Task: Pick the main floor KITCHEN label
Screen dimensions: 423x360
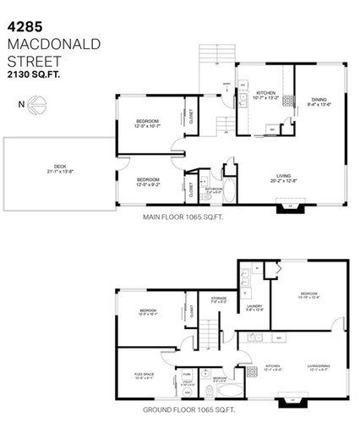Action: coord(264,94)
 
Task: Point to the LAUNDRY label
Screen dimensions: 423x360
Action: coord(254,307)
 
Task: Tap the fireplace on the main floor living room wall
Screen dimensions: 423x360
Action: coord(292,206)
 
